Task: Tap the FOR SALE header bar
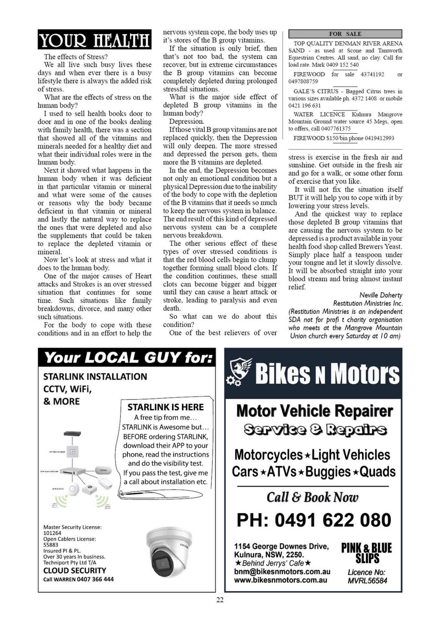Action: [x=345, y=34]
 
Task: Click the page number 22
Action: [x=220, y=600]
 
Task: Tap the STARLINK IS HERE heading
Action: [x=166, y=407]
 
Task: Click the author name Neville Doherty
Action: [x=381, y=295]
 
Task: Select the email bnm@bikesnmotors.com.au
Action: [x=282, y=571]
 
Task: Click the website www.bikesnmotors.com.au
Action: [x=281, y=580]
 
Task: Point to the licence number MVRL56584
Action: [x=367, y=581]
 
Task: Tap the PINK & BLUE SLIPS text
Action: [x=366, y=553]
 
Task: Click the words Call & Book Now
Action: [x=312, y=497]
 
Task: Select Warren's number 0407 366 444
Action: [x=95, y=579]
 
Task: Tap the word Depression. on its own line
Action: [x=187, y=121]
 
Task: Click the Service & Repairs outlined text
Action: [x=315, y=430]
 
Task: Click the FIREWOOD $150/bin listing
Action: [x=343, y=138]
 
